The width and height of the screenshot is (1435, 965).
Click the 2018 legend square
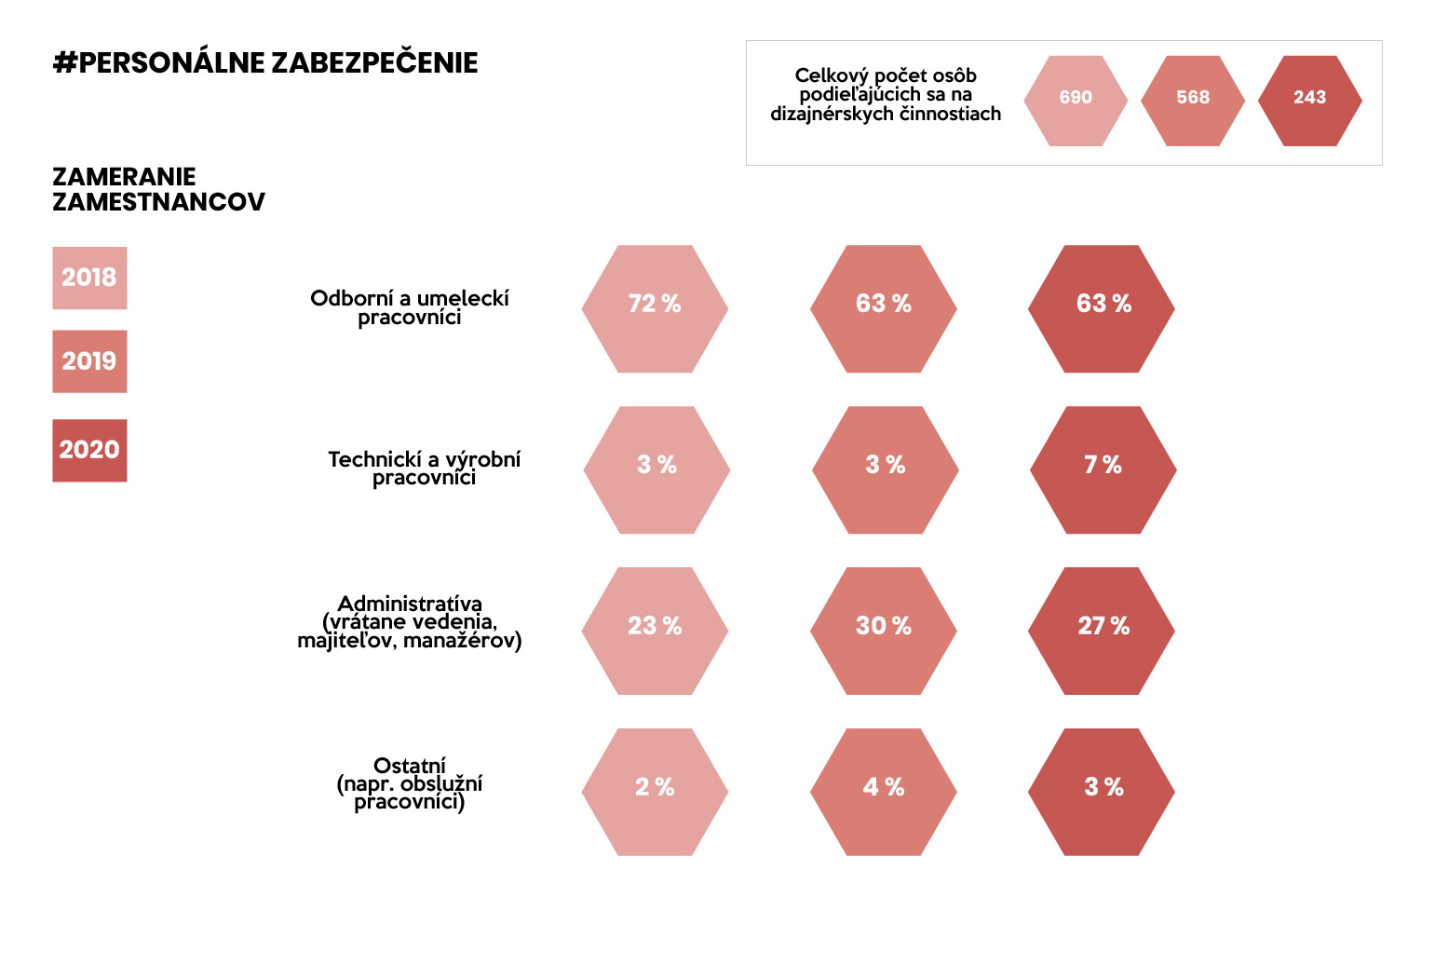[x=89, y=278]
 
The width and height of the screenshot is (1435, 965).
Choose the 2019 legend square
[x=89, y=361]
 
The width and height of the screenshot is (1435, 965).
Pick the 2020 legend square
[x=89, y=450]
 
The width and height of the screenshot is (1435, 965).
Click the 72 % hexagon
[x=655, y=308]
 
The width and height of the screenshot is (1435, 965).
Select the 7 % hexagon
[x=1103, y=469]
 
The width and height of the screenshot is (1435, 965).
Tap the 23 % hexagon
[x=655, y=631]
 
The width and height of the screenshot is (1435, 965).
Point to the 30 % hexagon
[x=884, y=631]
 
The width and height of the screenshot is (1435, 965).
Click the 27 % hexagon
[x=1102, y=631]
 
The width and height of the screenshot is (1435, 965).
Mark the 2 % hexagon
[x=655, y=792]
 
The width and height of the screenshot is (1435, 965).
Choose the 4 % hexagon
[x=884, y=792]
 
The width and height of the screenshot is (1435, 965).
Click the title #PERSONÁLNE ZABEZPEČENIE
[x=266, y=63]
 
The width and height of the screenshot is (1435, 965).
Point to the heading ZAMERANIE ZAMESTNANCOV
[x=158, y=189]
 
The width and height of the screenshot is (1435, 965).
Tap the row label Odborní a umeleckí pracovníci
[x=410, y=307]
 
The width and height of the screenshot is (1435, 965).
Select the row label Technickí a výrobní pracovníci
[x=424, y=468]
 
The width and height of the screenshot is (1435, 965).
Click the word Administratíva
[x=410, y=604]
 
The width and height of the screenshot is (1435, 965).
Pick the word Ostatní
[x=410, y=766]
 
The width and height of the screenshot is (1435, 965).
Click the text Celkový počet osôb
[x=886, y=75]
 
